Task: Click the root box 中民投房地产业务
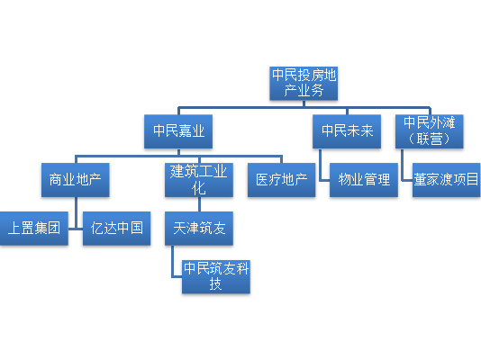coord(304,84)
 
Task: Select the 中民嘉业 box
coord(178,131)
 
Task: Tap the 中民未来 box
coord(347,131)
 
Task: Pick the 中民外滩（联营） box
coord(429,131)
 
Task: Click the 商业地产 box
coord(76,180)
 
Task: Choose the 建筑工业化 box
coord(199,180)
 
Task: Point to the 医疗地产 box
coord(282,180)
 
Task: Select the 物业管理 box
coord(364,180)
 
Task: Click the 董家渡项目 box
coord(447,180)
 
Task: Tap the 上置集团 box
coord(34,229)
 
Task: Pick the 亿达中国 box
coord(116,229)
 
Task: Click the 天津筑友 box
coord(199,229)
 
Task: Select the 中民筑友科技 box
coord(216,276)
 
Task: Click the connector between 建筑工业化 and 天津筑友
coord(199,204)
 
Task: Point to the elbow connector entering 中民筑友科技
coord(172,270)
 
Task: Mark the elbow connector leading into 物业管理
coord(320,172)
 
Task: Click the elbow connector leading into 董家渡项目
coord(403,172)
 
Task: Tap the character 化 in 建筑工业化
coord(199,188)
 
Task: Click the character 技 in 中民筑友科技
coord(215,283)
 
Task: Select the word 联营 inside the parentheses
coord(429,139)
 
